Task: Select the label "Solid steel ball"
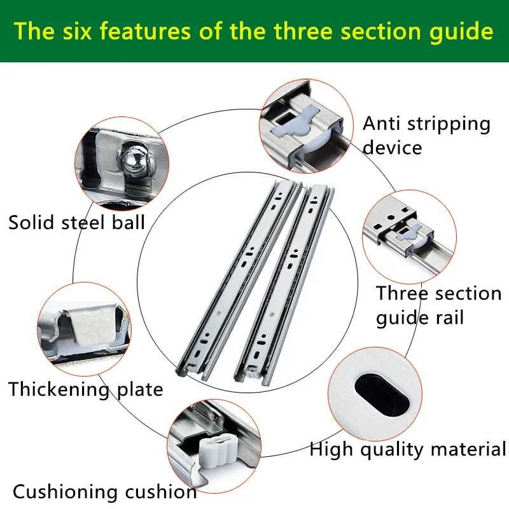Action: [x=76, y=222]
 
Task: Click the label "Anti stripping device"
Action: [x=426, y=135]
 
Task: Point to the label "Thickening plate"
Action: [x=85, y=389]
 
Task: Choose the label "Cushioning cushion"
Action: [x=104, y=491]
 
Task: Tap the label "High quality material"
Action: [x=407, y=449]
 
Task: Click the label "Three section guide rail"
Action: [x=438, y=305]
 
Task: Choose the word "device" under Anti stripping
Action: [x=392, y=148]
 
